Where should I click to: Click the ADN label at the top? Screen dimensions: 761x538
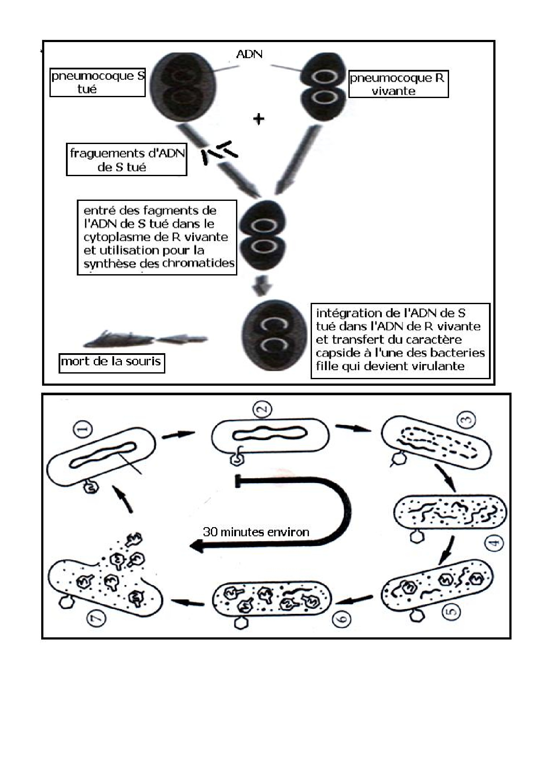click(x=249, y=54)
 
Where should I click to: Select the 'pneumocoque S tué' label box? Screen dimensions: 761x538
click(x=97, y=82)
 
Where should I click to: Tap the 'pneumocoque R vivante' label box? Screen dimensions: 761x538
click(x=398, y=84)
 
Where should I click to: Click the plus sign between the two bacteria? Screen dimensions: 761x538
click(x=259, y=118)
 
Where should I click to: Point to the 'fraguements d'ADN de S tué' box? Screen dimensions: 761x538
click(x=126, y=160)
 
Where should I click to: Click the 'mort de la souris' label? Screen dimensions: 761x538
click(x=112, y=361)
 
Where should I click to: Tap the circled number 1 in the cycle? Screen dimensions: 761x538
click(x=84, y=430)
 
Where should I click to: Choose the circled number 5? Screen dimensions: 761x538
click(x=452, y=612)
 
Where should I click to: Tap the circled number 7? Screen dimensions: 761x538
click(x=96, y=618)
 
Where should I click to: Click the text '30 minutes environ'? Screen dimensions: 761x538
click(x=256, y=532)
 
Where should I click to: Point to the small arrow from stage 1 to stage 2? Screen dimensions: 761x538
click(x=178, y=435)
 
